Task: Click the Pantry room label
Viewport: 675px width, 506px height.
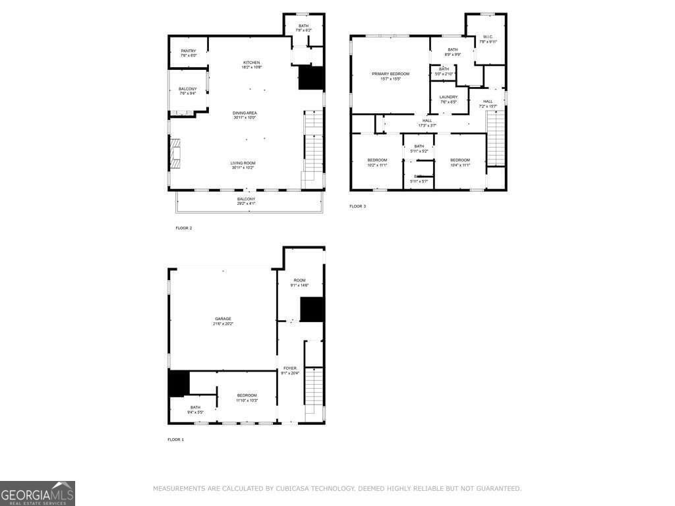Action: (189, 53)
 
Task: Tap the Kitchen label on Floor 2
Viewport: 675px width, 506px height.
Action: (252, 65)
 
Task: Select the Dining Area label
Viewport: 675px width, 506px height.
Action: (244, 115)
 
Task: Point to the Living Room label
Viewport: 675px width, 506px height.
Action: (243, 165)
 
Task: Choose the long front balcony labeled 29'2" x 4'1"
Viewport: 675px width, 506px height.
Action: (246, 201)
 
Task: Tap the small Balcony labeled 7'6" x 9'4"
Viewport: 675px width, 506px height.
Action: (188, 91)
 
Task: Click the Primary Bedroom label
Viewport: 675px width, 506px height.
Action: (390, 76)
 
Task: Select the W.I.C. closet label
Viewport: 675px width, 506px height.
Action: (488, 39)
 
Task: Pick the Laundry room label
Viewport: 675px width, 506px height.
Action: (448, 99)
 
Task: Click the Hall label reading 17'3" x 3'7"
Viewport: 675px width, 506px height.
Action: (427, 123)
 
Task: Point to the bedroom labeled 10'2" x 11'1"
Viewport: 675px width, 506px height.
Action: (377, 162)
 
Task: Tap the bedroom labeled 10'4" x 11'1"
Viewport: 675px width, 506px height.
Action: (460, 162)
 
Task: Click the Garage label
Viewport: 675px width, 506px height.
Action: (223, 321)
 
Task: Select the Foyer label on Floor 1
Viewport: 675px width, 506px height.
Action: (290, 370)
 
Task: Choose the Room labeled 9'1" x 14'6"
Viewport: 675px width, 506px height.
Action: (299, 283)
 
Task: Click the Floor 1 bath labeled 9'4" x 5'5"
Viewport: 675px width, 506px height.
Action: (195, 410)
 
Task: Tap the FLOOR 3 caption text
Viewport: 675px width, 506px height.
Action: (357, 206)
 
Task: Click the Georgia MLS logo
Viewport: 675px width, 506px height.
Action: (38, 493)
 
